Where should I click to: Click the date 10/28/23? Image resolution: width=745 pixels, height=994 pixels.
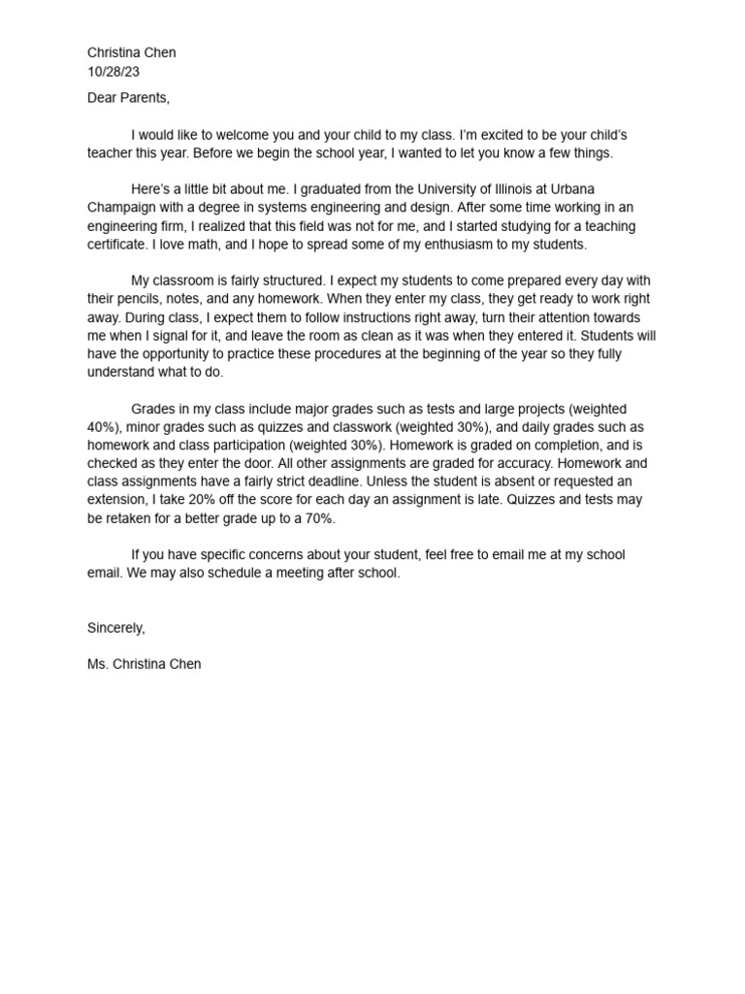(x=114, y=71)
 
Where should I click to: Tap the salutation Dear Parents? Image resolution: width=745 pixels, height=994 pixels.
(x=128, y=98)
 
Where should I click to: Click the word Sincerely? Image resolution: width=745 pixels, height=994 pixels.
(x=115, y=628)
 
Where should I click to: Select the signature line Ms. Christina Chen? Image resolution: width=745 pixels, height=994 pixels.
(x=145, y=665)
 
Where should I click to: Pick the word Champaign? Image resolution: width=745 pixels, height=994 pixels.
(x=124, y=208)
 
